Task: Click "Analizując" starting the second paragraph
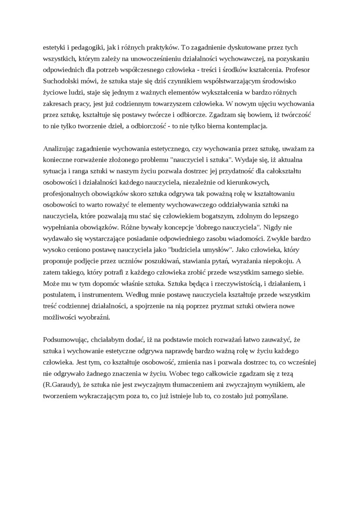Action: pyautogui.click(x=60, y=149)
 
